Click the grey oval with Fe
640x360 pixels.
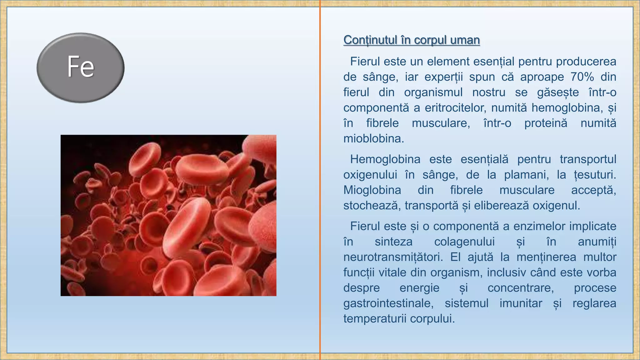81,67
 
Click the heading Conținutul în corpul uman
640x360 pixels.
411,40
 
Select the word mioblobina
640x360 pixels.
373,138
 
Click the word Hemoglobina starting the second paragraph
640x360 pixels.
385,159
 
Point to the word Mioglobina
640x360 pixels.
372,190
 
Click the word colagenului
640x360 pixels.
464,242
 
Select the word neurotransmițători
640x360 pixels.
393,257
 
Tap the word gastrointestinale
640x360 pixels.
388,303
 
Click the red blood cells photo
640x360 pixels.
168,215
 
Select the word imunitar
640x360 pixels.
521,303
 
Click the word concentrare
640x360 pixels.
520,288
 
